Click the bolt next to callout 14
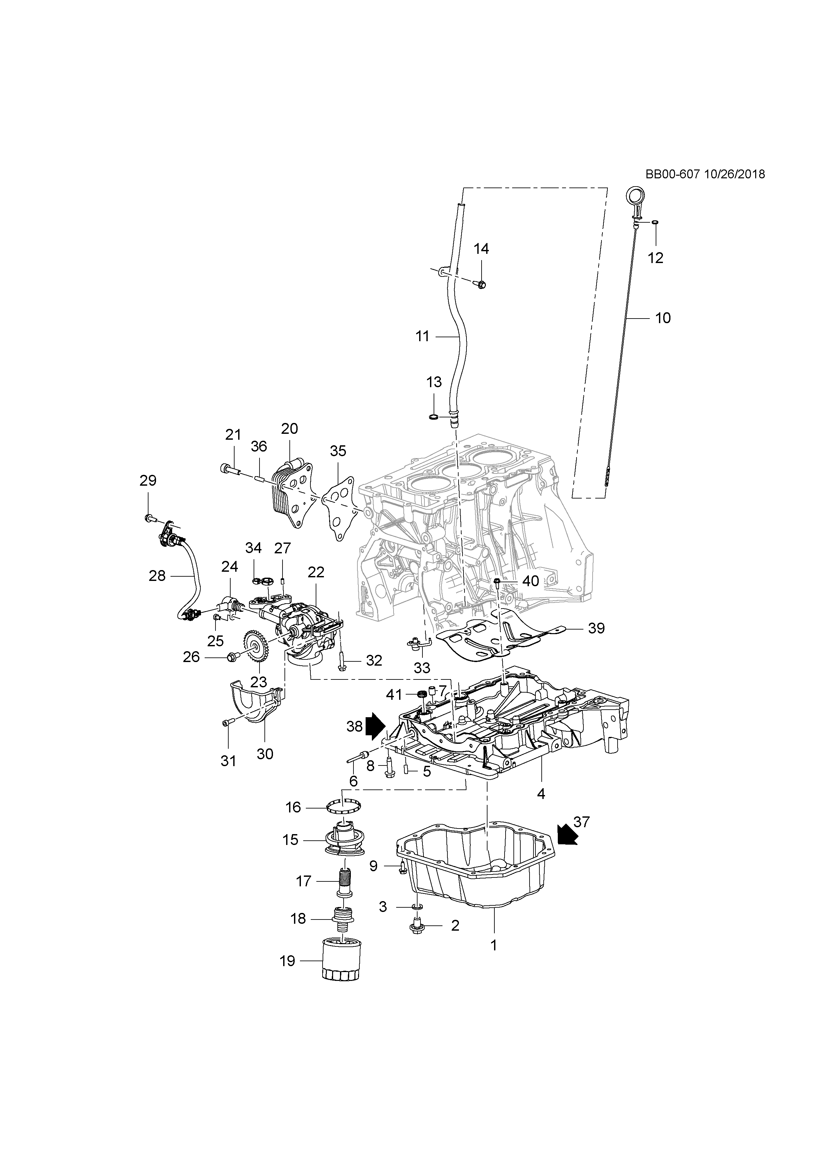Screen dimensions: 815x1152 (480, 284)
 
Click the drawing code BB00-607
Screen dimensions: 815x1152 (672, 174)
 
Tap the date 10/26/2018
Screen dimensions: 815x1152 (735, 174)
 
